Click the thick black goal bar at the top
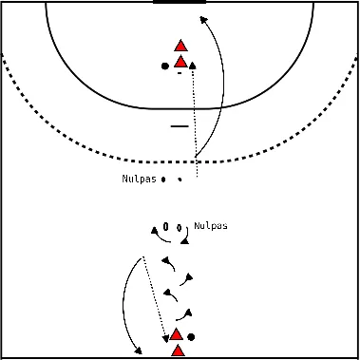[x=179, y=2]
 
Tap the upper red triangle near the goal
[x=180, y=45]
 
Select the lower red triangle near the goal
[x=180, y=63]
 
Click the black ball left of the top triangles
[x=165, y=66]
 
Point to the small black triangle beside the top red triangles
[x=193, y=66]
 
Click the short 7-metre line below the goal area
[x=180, y=125]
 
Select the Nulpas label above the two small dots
[x=138, y=179]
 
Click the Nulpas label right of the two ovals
[x=210, y=226]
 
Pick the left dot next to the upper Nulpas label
[x=163, y=179]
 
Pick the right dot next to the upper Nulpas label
[x=179, y=179]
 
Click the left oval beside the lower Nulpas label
[x=166, y=227]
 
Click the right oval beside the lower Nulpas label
[x=179, y=227]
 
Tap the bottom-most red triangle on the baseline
[x=178, y=351]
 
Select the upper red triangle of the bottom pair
[x=176, y=334]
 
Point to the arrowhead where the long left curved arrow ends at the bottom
[x=139, y=351]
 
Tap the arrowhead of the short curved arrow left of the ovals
[x=154, y=230]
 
